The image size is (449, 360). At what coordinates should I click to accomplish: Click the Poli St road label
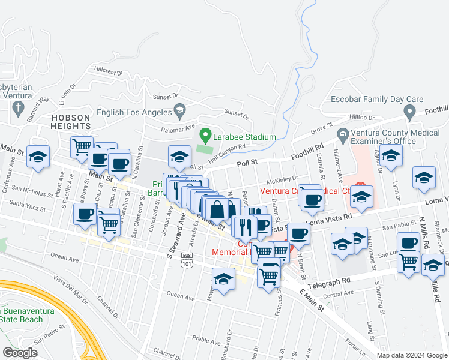click(247, 162)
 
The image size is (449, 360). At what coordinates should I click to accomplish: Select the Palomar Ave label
click(178, 128)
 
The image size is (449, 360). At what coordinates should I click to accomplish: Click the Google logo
click(20, 353)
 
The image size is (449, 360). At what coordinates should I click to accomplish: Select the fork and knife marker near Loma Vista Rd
click(245, 227)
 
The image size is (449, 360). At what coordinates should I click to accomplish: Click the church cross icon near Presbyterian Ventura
click(18, 109)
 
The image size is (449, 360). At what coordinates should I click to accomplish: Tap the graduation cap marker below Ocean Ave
click(223, 279)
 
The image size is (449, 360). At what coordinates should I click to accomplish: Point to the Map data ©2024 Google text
click(412, 355)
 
